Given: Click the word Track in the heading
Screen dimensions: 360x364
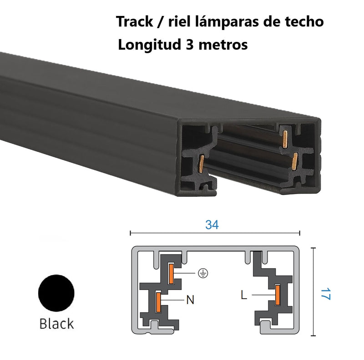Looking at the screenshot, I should pyautogui.click(x=132, y=21).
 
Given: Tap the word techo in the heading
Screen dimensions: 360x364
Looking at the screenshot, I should pyautogui.click(x=305, y=21).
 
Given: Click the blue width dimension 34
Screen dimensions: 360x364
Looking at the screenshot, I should pyautogui.click(x=212, y=225).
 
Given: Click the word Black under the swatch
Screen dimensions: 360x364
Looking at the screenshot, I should pyautogui.click(x=56, y=324).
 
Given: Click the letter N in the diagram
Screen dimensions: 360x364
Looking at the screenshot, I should pyautogui.click(x=190, y=300).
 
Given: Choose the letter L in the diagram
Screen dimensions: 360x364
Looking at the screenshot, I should pyautogui.click(x=244, y=295).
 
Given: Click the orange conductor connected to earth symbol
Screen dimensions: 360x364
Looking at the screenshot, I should pyautogui.click(x=172, y=274).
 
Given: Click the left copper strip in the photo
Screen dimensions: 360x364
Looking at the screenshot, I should pyautogui.click(x=200, y=164).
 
